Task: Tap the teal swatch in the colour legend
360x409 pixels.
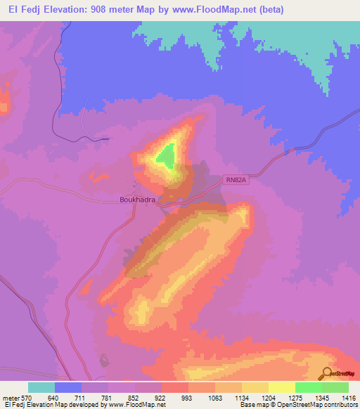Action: pos(41,387)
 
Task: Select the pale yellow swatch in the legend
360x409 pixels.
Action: pos(281,387)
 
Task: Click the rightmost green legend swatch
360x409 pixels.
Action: pos(335,387)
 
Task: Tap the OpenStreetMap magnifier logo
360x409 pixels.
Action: pos(327,375)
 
